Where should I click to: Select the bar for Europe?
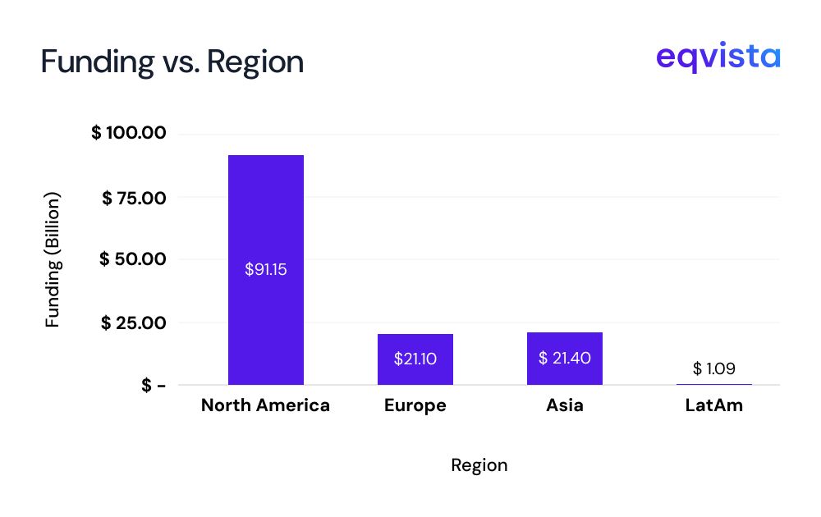[415, 373]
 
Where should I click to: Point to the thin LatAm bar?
[714, 384]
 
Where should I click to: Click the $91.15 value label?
[266, 269]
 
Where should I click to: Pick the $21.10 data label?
[415, 359]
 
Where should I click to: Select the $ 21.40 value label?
[565, 359]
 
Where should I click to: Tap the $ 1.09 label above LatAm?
[714, 368]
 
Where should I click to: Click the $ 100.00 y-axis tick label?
[129, 133]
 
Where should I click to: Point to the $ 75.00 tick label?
[134, 197]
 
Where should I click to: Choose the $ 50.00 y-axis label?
[133, 259]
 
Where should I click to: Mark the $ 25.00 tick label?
[134, 323]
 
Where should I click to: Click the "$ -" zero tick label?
[154, 386]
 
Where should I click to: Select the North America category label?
[265, 405]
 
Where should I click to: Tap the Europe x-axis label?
[415, 405]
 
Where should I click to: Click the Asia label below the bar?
[565, 405]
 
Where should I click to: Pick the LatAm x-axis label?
[714, 405]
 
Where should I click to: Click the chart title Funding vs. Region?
[172, 62]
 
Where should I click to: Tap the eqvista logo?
[718, 58]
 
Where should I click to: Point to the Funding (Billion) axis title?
[53, 260]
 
